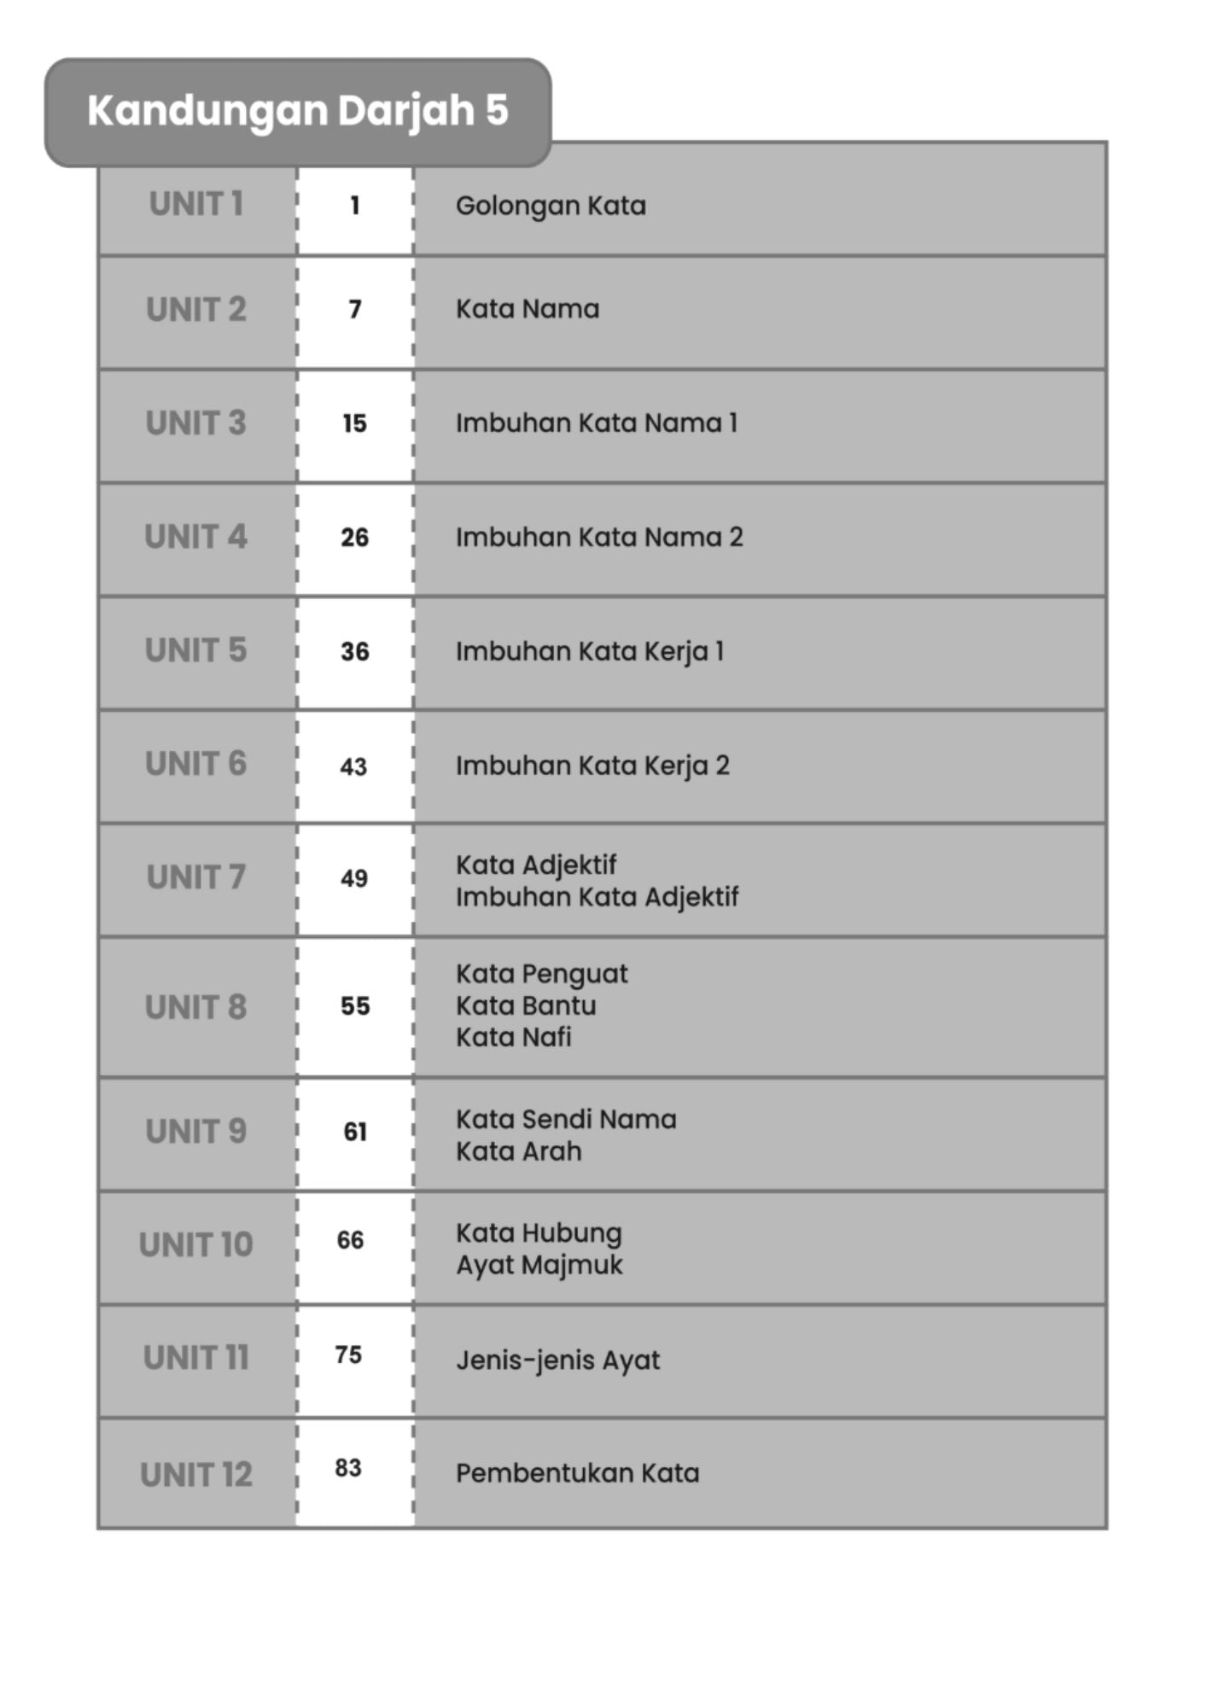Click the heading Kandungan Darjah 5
[297, 111]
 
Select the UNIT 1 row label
[196, 205]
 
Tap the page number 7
[355, 309]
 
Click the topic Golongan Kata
[551, 206]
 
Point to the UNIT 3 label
[196, 423]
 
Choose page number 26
[354, 538]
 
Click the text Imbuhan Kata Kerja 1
[590, 651]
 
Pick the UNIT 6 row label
[196, 764]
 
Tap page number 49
[354, 878]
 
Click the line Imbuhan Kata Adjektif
[597, 897]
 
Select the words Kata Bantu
[526, 1005]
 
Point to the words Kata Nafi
[513, 1037]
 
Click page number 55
[355, 1006]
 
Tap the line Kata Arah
[518, 1151]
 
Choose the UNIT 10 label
[196, 1245]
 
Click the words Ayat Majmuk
[539, 1265]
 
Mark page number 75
[348, 1355]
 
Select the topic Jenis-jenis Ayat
[557, 1360]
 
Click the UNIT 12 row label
[196, 1475]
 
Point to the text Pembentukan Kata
[577, 1473]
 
